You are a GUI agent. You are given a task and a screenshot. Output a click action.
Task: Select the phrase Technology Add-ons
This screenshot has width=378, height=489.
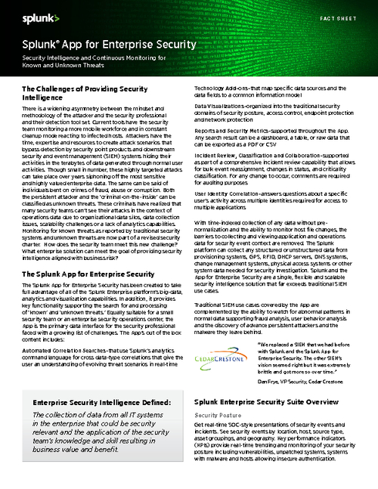[x=215, y=88]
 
